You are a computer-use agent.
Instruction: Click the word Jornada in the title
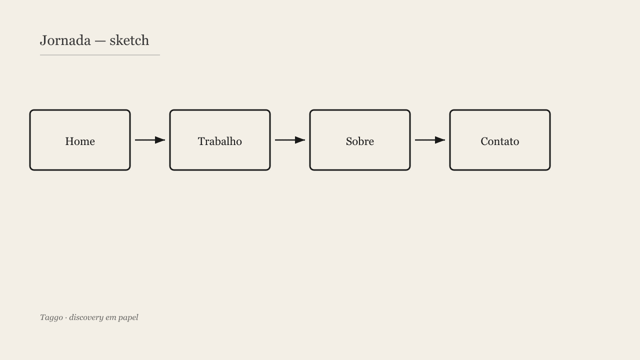point(65,40)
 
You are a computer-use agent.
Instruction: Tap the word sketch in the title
point(129,40)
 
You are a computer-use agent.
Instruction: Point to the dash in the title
point(100,41)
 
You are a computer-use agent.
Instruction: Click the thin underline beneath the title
point(100,55)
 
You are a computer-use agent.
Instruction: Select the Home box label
point(80,141)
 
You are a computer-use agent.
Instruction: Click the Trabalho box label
point(220,141)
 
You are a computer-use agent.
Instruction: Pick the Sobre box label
point(360,141)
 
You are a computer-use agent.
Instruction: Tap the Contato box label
point(500,141)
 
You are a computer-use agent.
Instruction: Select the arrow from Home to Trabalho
point(150,140)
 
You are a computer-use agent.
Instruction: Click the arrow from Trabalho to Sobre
point(290,140)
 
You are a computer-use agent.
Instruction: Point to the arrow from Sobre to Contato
point(430,140)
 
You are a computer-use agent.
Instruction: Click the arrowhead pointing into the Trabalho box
point(160,140)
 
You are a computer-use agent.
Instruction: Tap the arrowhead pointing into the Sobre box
point(300,140)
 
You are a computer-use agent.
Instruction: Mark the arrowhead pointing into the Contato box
point(440,140)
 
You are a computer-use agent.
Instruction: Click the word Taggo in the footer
point(51,317)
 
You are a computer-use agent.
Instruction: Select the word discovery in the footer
point(86,317)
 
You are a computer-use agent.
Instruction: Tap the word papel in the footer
point(128,318)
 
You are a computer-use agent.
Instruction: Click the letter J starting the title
point(43,41)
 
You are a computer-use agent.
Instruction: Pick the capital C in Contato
point(484,141)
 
